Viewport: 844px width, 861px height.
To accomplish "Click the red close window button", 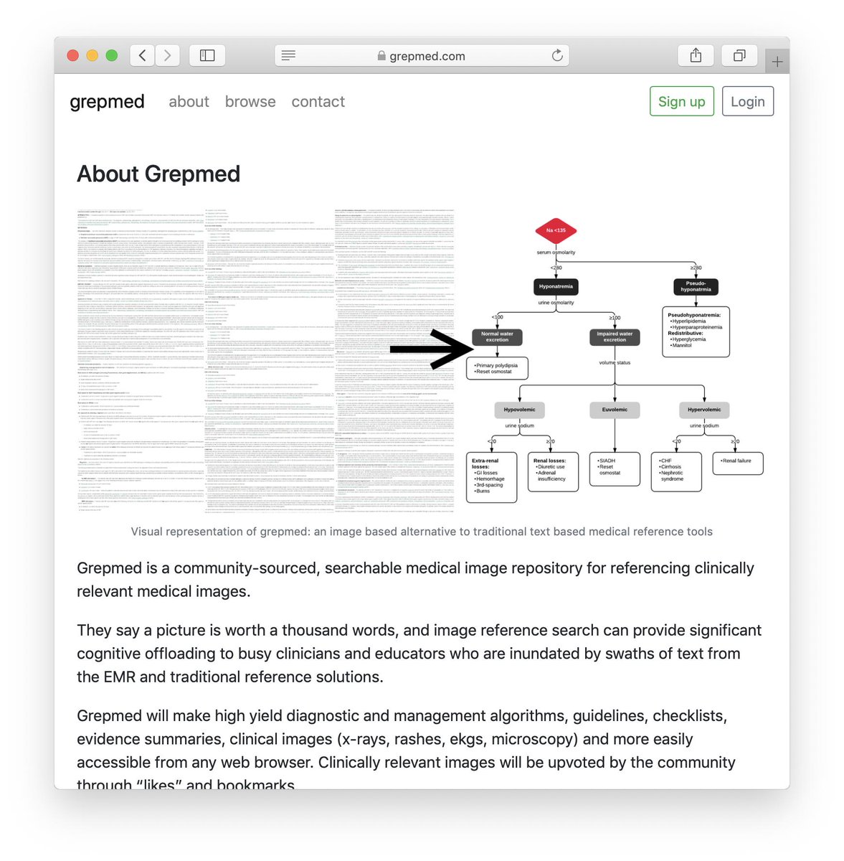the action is point(72,55).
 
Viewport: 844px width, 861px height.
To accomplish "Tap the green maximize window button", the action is point(111,55).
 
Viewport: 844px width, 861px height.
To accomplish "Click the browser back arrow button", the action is point(143,55).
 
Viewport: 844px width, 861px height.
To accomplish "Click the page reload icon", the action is point(557,55).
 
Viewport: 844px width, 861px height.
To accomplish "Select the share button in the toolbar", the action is point(696,55).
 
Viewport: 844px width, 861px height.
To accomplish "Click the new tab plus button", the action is point(777,62).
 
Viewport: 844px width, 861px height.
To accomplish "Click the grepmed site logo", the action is point(107,102).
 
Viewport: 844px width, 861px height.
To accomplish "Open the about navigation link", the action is point(189,102).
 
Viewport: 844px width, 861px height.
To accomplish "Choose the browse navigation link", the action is point(250,102).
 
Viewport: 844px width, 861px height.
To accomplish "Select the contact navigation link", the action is point(318,102).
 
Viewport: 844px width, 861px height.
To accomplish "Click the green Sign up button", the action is point(681,102).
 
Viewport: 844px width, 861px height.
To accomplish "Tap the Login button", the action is point(747,102).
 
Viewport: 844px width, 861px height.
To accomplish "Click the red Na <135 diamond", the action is point(556,230).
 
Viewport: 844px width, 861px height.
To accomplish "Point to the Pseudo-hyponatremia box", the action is point(696,286).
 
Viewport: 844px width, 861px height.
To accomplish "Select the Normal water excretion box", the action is point(497,337).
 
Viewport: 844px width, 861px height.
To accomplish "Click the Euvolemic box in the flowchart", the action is point(615,410).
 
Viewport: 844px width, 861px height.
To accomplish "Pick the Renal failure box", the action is point(737,461).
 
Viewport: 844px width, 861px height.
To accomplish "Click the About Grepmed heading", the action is point(158,174).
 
